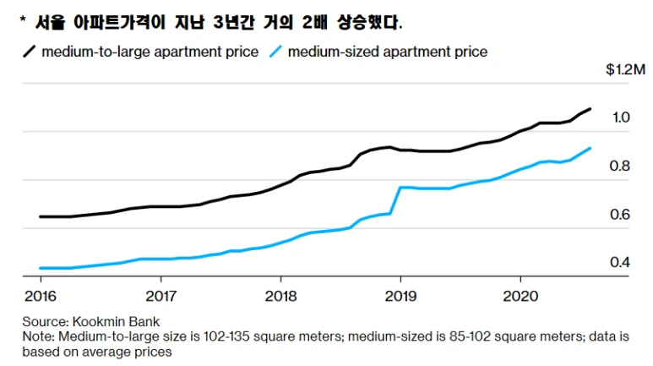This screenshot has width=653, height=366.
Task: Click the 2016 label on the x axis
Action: (40, 295)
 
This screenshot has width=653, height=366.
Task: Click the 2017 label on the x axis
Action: (160, 295)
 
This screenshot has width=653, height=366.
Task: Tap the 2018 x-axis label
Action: (280, 295)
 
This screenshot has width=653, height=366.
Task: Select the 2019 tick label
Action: (400, 295)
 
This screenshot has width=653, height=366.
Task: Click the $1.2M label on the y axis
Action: (624, 69)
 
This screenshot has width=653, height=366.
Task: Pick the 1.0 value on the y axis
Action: (621, 117)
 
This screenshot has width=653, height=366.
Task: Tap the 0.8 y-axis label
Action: (621, 166)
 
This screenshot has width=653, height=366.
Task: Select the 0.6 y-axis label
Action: (621, 215)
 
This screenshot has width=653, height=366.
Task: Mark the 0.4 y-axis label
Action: (621, 263)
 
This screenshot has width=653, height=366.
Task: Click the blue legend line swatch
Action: (275, 52)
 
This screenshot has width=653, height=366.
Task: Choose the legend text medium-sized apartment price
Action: (388, 52)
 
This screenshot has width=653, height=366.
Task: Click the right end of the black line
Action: (590, 109)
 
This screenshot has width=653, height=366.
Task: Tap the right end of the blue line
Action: (590, 148)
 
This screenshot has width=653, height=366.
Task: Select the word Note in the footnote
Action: (37, 336)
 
